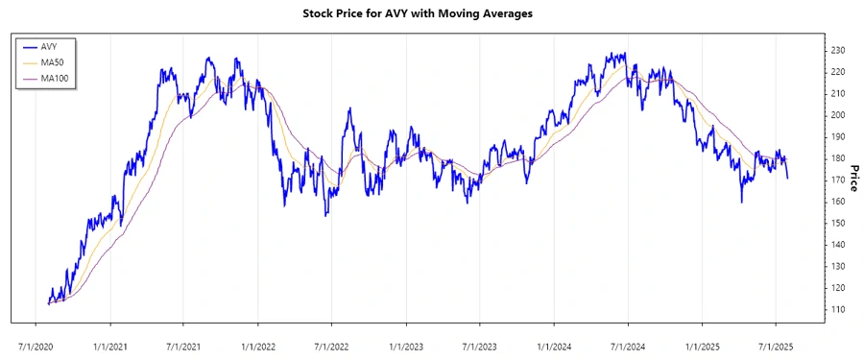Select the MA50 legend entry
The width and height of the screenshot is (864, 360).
pos(53,61)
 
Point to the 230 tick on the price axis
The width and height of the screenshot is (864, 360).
pos(838,50)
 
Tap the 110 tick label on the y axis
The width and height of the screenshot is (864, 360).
pos(838,310)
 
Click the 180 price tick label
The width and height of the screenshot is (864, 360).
pos(838,158)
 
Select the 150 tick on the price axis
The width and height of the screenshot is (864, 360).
pos(838,224)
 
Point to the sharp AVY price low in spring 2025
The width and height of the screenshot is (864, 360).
pos(742,202)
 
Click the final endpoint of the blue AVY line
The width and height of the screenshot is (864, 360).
pos(788,179)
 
